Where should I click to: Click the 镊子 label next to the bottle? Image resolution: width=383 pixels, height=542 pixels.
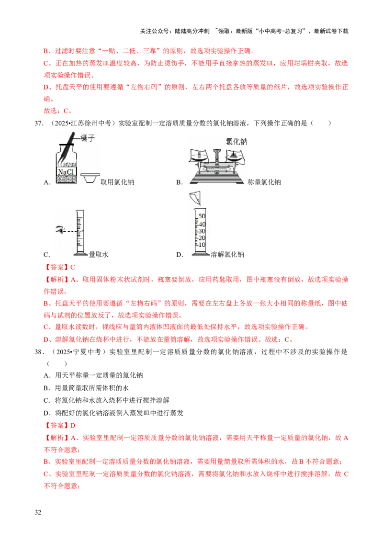coord(90,137)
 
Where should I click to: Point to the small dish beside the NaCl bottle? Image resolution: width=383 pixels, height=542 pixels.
coord(90,178)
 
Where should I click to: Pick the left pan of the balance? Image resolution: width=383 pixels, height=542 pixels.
coord(200,156)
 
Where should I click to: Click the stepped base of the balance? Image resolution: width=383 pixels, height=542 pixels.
coord(216,179)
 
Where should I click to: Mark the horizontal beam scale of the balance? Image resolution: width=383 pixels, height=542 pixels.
coord(216,168)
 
